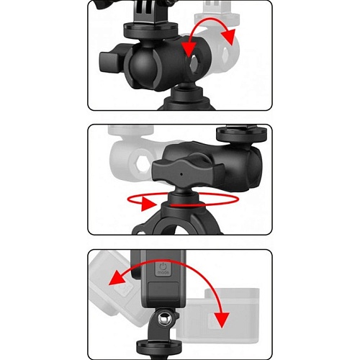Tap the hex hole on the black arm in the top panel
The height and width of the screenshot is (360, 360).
(195, 63)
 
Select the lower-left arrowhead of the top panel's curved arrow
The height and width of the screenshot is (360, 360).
(189, 50)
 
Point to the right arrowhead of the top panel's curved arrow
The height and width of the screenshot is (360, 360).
(228, 37)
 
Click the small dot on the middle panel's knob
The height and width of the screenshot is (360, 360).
(181, 174)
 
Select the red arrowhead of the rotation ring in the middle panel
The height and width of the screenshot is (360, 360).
(148, 204)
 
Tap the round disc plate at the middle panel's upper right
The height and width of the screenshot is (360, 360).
(241, 134)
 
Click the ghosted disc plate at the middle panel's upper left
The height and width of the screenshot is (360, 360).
(131, 130)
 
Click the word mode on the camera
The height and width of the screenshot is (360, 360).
(163, 273)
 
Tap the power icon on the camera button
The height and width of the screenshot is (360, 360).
(163, 266)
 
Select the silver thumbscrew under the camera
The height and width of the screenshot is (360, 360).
(164, 319)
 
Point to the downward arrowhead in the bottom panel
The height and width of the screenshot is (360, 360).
(221, 319)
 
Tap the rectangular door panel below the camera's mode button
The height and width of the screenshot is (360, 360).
(163, 292)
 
